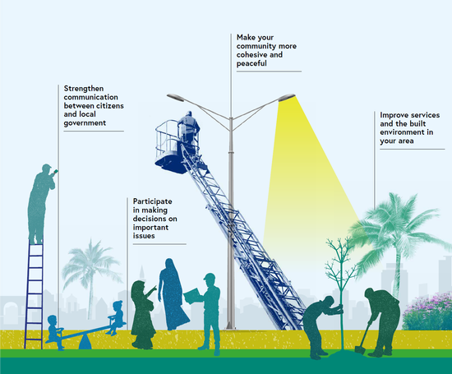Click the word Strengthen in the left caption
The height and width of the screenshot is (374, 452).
pyautogui.click(x=84, y=89)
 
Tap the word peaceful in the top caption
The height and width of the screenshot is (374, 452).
pyautogui.click(x=251, y=63)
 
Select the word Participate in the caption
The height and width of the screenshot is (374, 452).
pyautogui.click(x=153, y=201)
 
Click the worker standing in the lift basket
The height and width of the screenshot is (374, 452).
pyautogui.click(x=188, y=129)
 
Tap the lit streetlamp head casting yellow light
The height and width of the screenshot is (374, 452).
pyautogui.click(x=287, y=98)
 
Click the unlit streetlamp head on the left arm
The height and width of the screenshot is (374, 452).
pyautogui.click(x=175, y=97)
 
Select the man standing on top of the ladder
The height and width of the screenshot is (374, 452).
pyautogui.click(x=41, y=203)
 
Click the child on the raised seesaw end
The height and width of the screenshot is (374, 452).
pyautogui.click(x=117, y=317)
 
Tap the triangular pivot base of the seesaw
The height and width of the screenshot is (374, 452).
pyautogui.click(x=85, y=343)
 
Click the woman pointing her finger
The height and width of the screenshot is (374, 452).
pyautogui.click(x=143, y=314)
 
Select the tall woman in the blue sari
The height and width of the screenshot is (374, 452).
pyautogui.click(x=173, y=294)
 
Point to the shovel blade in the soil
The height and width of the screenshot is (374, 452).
pyautogui.click(x=360, y=350)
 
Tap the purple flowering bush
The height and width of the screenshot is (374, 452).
pyautogui.click(x=427, y=312)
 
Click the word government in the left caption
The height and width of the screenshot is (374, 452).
pyautogui.click(x=85, y=123)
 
